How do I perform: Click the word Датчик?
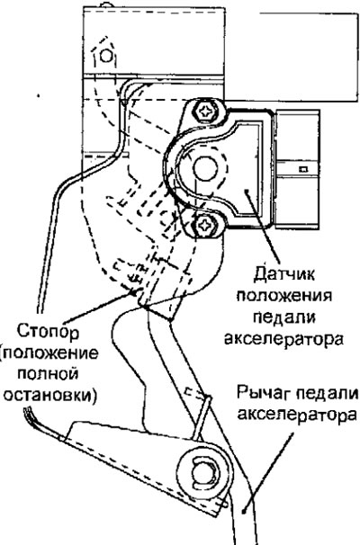pyautogui.click(x=284, y=274)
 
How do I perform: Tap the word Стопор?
pyautogui.click(x=48, y=331)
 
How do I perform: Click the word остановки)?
pyautogui.click(x=49, y=395)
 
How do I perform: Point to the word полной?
pyautogui.click(x=48, y=374)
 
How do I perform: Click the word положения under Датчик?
pyautogui.click(x=284, y=296)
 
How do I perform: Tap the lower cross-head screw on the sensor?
pyautogui.click(x=203, y=225)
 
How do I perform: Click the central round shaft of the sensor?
pyautogui.click(x=205, y=168)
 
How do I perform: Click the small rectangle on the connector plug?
pyautogui.click(x=303, y=170)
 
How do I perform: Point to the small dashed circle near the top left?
pyautogui.click(x=105, y=56)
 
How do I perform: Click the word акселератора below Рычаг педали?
pyautogui.click(x=297, y=415)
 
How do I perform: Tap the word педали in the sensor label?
pyautogui.click(x=284, y=317)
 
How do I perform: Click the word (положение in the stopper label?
pyautogui.click(x=49, y=353)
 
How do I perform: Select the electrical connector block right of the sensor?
pyautogui.click(x=297, y=169)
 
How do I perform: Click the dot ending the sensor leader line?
pyautogui.click(x=247, y=190)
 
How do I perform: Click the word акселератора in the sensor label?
pyautogui.click(x=283, y=338)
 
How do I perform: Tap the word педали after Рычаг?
pyautogui.click(x=327, y=393)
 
